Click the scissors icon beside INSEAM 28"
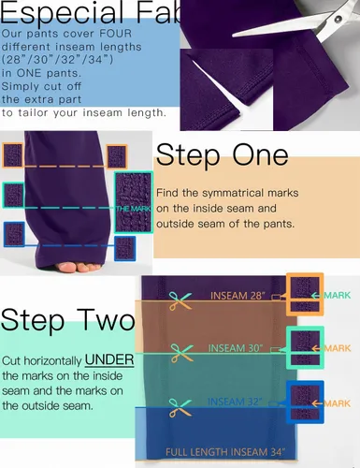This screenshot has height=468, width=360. point(180,300)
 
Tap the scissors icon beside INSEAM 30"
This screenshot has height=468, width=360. point(181,353)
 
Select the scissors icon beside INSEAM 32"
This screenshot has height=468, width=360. point(180,408)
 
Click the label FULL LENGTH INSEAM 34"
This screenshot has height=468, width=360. point(225,452)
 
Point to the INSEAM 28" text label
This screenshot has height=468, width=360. point(238,296)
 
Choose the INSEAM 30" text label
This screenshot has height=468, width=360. point(236,348)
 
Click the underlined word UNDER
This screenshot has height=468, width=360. point(109,360)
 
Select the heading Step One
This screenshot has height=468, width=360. point(222,155)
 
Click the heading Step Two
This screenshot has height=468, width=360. point(68,319)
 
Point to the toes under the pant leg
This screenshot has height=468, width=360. point(79,268)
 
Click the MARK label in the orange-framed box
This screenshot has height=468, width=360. point(338,295)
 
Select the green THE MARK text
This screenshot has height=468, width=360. point(133,209)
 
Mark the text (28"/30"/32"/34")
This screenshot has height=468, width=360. point(57,60)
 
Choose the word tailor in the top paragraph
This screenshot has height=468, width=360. point(34,112)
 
